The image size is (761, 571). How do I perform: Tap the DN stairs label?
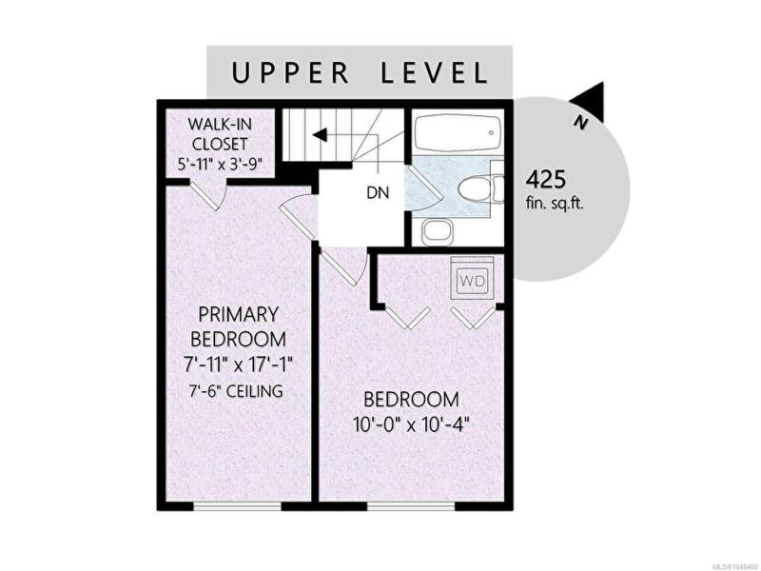click(x=378, y=193)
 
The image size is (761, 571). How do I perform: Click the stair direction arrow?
click(x=320, y=135)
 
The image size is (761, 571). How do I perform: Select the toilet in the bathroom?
click(x=481, y=188)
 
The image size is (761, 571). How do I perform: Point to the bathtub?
click(x=458, y=133)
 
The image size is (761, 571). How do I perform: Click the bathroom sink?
click(x=438, y=231)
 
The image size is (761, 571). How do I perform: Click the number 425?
click(x=546, y=180)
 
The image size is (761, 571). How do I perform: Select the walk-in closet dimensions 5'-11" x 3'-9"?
click(x=221, y=164)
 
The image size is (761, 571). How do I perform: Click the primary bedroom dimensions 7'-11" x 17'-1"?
click(x=239, y=364)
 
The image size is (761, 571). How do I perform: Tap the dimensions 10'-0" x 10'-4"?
click(x=411, y=425)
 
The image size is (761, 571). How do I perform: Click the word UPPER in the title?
click(x=290, y=73)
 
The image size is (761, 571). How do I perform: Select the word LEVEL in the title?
click(x=434, y=73)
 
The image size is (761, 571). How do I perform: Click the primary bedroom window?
click(x=237, y=506)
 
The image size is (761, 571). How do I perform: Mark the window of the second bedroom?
click(x=411, y=506)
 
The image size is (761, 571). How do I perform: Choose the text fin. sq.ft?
click(x=555, y=203)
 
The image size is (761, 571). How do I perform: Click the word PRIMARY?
click(x=239, y=314)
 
